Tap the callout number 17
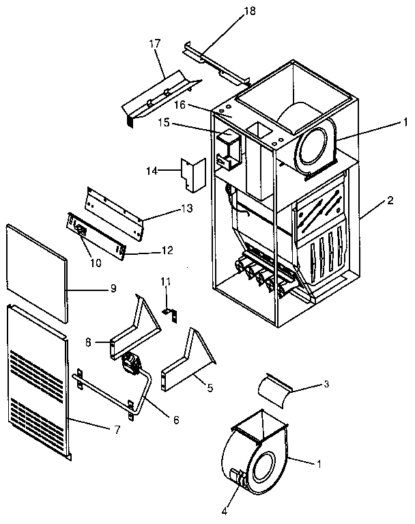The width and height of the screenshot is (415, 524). pyautogui.click(x=156, y=44)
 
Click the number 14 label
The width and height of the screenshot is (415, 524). pyautogui.click(x=152, y=171)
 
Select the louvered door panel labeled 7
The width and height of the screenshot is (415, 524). pyautogui.click(x=38, y=383)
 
